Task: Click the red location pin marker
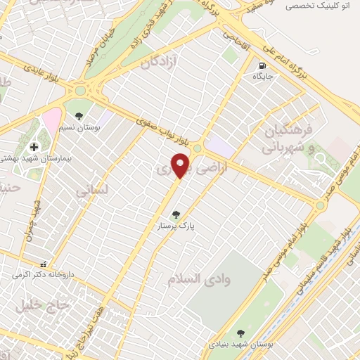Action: [x=181, y=165]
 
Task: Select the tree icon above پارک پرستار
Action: [x=175, y=215]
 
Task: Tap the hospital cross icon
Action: [x=34, y=146]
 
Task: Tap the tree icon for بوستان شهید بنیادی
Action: [x=241, y=334]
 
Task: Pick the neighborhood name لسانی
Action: [x=92, y=190]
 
